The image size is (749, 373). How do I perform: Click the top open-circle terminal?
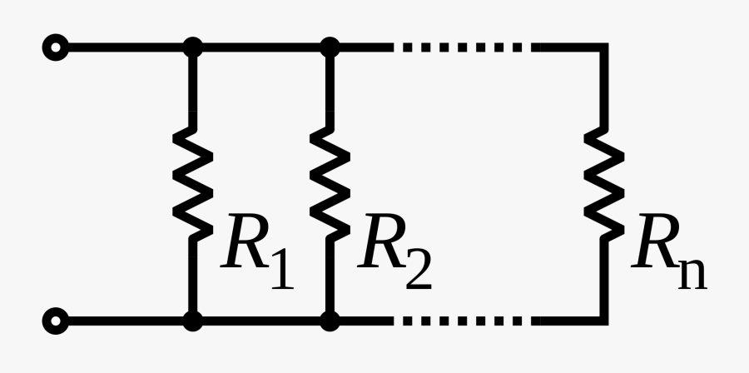coord(55,48)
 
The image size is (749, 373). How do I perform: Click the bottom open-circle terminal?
coord(55,320)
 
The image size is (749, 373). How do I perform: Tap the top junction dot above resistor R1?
coord(193,48)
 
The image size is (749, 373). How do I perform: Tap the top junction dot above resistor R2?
coord(330,48)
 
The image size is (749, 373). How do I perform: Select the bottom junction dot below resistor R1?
coord(193,320)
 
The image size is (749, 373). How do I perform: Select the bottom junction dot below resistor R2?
coord(330,320)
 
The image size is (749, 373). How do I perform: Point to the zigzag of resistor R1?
coord(193,182)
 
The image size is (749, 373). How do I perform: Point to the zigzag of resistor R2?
coord(330,182)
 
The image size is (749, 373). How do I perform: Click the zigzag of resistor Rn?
coord(603,182)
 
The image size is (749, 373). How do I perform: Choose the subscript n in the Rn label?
coord(692,275)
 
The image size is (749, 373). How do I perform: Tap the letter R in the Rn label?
coord(653,246)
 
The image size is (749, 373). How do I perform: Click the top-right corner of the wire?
coord(603,48)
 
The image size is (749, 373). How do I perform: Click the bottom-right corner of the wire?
coord(603,320)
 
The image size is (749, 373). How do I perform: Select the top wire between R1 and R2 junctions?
coord(262,48)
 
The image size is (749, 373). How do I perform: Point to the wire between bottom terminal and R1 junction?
coord(125,320)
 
